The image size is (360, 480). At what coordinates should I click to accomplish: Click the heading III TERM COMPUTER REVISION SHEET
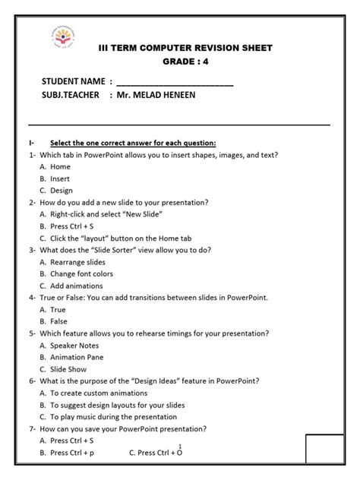point(185,48)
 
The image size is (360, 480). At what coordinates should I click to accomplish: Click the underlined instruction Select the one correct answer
point(133,143)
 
